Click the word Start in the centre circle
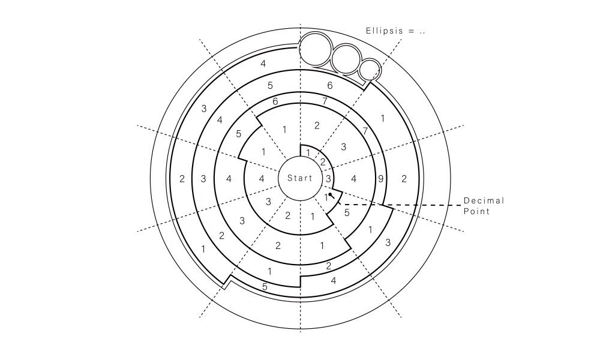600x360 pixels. click(x=299, y=178)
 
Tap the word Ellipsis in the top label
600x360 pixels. click(x=384, y=31)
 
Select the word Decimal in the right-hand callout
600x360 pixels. click(x=484, y=200)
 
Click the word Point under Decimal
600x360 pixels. click(x=476, y=211)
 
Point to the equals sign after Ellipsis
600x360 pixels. click(x=412, y=31)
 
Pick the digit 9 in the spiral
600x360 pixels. click(x=380, y=179)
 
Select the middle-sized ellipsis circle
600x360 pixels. click(x=346, y=59)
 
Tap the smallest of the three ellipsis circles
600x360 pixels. click(x=370, y=70)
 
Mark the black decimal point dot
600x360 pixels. click(x=330, y=194)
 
